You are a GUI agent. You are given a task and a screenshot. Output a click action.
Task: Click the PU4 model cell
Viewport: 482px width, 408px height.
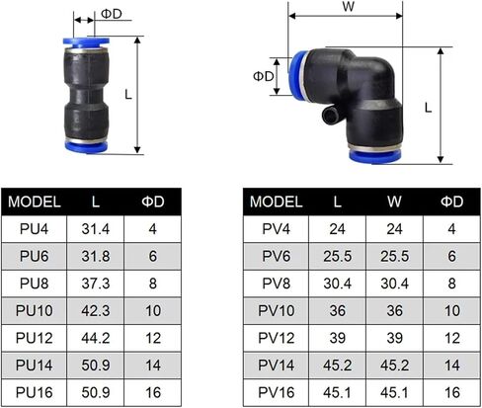(34, 229)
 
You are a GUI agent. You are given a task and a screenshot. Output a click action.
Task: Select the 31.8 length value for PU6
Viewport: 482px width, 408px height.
(96, 256)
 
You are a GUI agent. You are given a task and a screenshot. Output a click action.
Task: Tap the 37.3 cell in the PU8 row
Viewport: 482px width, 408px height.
(96, 284)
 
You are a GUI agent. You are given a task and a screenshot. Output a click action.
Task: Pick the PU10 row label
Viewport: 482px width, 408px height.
(34, 310)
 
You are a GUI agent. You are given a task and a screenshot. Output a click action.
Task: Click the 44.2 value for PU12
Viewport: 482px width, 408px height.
(96, 338)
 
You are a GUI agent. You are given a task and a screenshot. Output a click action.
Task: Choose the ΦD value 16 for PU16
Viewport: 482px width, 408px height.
(153, 392)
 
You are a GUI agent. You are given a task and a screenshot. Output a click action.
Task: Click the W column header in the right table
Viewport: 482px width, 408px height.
(394, 202)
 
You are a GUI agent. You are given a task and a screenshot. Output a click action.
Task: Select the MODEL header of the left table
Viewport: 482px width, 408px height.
(35, 202)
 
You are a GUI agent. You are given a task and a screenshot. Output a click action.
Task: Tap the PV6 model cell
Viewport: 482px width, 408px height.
(276, 256)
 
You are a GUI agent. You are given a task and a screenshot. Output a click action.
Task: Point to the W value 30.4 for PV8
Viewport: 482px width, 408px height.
(394, 284)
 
